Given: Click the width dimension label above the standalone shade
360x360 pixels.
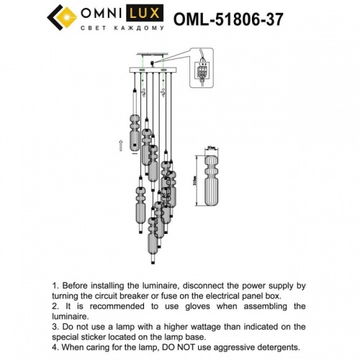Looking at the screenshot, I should pos(211,147).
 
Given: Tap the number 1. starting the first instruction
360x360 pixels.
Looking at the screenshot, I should pos(57,285).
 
